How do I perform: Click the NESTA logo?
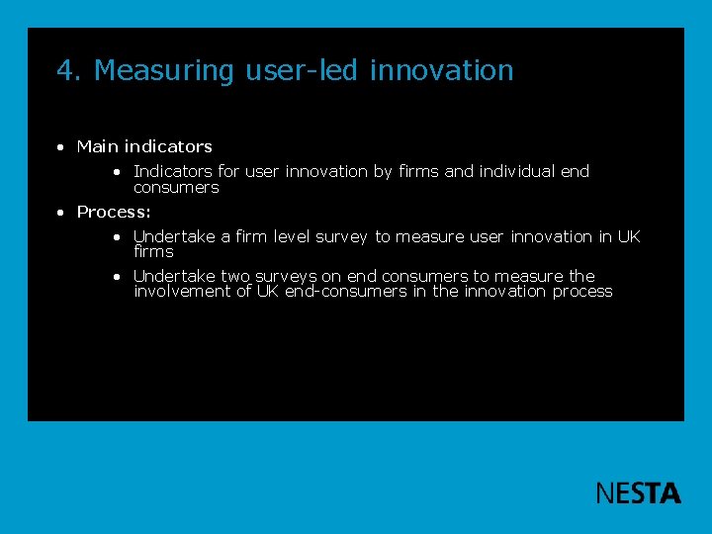(638, 492)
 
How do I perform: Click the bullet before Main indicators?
(61, 147)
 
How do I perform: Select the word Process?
(114, 212)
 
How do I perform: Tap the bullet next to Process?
(61, 213)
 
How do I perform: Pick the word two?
(235, 276)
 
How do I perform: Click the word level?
(292, 236)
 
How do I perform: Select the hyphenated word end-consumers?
(345, 291)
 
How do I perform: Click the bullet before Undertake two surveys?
(117, 277)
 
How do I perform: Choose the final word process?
(582, 291)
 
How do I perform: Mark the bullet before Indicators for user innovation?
(117, 172)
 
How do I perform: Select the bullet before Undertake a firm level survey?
(117, 237)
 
